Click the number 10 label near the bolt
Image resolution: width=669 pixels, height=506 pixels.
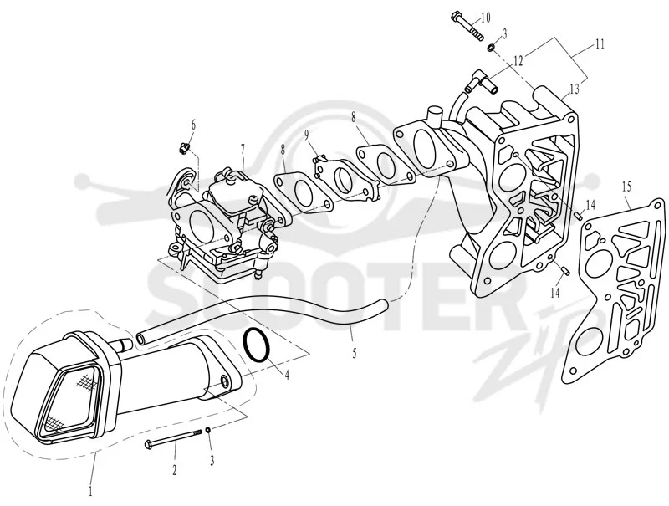coord(485,18)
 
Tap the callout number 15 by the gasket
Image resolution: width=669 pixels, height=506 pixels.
coord(626,187)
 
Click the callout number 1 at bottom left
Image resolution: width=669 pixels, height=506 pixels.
coord(90,491)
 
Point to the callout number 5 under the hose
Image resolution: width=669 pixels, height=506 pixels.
coord(355,354)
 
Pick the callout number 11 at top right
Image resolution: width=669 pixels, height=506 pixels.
coord(600,44)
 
